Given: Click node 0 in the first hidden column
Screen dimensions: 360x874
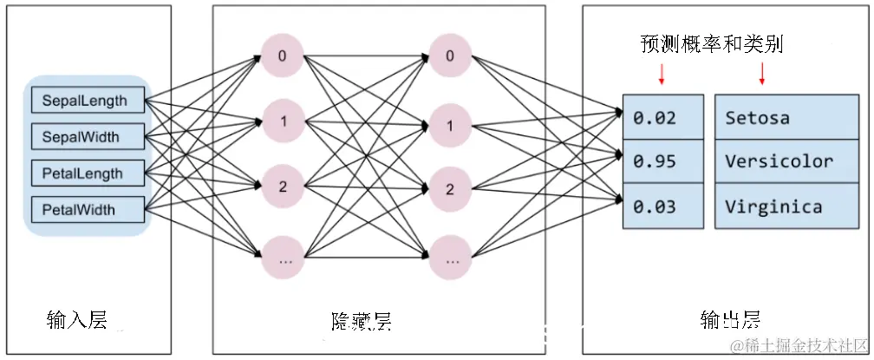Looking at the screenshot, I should (283, 56).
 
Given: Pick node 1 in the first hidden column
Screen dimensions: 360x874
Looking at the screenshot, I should (283, 122).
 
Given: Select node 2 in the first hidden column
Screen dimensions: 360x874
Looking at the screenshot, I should (283, 187).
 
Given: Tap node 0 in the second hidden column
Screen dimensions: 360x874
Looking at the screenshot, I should (449, 56).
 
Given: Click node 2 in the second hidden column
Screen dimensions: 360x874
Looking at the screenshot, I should (449, 188).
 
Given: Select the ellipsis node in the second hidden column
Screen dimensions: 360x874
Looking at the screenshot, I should (449, 258).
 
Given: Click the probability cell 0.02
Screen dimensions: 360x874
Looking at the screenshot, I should (662, 117).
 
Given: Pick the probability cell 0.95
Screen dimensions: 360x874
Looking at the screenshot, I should (662, 161).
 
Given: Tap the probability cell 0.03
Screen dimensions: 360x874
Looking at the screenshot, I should (662, 206).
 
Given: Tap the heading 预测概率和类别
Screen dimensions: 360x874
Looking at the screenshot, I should (711, 44).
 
